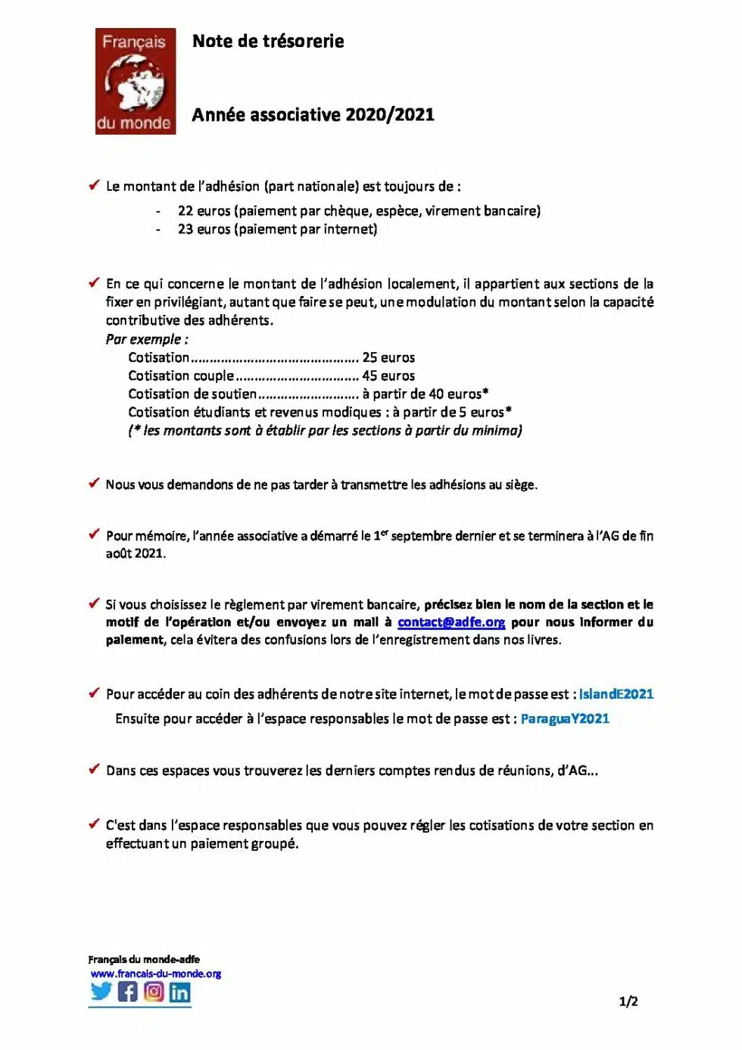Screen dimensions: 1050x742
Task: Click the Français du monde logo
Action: pos(136,82)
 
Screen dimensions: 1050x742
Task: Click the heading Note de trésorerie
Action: pos(268,42)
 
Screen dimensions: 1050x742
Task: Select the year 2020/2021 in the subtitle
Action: pos(390,115)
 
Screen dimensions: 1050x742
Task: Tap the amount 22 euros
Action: pos(204,211)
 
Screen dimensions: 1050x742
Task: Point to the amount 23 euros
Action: pos(204,229)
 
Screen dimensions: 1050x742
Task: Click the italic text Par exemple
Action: pos(147,339)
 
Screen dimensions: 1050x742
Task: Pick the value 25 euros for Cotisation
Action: pos(388,357)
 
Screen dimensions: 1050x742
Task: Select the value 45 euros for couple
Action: pos(388,375)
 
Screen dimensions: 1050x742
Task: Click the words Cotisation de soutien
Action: pos(192,394)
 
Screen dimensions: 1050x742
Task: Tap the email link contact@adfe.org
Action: pos(451,622)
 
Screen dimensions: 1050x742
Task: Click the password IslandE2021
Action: pos(616,694)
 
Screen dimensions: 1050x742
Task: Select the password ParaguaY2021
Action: pos(565,718)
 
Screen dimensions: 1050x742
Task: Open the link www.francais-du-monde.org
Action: pos(156,974)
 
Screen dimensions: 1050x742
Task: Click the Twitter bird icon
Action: pos(101,991)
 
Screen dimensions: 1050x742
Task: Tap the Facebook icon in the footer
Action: pos(128,991)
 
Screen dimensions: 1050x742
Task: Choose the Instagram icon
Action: pos(154,991)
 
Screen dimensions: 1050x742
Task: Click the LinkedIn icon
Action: pos(179,992)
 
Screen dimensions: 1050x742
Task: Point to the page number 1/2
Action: pos(628,1002)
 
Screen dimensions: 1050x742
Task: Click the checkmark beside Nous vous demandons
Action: pos(94,483)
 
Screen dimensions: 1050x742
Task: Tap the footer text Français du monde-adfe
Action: pos(144,959)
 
